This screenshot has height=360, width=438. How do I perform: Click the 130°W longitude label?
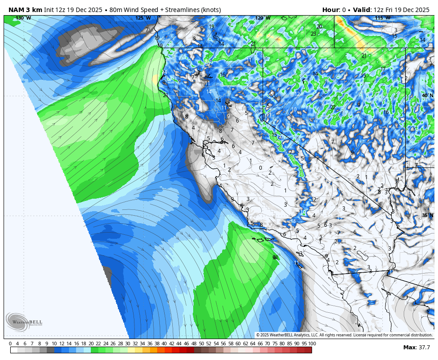[23, 18]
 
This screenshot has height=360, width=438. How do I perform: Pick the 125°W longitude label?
[143, 18]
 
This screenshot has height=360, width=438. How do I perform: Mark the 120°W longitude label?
[263, 18]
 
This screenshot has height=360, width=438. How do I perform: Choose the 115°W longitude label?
[382, 18]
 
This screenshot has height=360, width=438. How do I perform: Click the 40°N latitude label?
[427, 96]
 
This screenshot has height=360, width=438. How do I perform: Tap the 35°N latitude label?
[427, 216]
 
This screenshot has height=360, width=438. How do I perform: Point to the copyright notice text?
[344, 335]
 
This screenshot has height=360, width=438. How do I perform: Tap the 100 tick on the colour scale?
[312, 344]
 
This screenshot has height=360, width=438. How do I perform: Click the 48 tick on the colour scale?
[194, 344]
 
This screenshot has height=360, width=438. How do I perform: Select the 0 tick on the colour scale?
[10, 344]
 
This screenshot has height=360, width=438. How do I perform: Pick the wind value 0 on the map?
[260, 168]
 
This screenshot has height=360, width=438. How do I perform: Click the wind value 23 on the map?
[313, 34]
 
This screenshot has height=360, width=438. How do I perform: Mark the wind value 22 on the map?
[333, 107]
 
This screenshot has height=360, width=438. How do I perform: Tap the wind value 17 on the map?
[383, 69]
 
